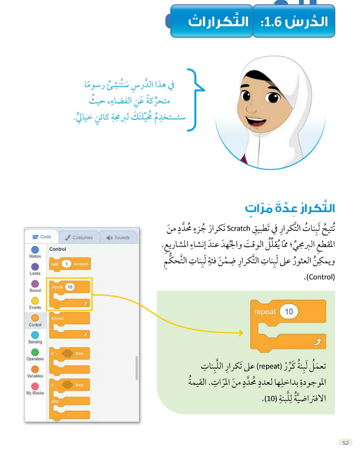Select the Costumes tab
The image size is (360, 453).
coord(78,237)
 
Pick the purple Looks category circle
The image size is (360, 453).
coord(35,267)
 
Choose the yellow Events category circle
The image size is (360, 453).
coord(35,300)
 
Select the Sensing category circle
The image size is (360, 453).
coord(35,335)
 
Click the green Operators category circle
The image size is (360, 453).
coord(35,352)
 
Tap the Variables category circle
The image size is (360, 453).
coord(35,369)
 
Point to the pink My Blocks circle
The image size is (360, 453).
coord(35,386)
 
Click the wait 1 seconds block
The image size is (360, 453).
coord(69,264)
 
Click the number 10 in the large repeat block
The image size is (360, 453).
coord(289,312)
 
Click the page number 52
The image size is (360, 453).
coord(345,442)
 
